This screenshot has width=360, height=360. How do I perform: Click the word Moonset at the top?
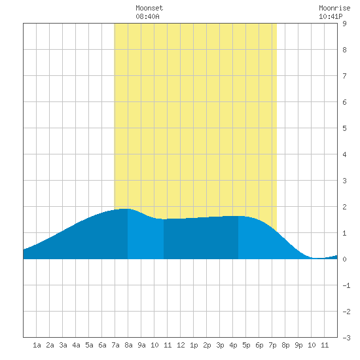pyautogui.click(x=149, y=8)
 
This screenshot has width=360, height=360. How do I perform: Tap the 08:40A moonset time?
pyautogui.click(x=147, y=16)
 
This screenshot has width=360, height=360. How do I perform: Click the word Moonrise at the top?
pyautogui.click(x=334, y=8)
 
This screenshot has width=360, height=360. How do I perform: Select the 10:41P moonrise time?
pyautogui.click(x=331, y=16)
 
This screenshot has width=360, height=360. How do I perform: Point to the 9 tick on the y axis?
pyautogui.click(x=344, y=24)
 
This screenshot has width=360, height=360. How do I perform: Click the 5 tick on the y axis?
pyautogui.click(x=344, y=128)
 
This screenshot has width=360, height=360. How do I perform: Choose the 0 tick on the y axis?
pyautogui.click(x=344, y=259)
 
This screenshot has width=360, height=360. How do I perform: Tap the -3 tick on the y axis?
pyautogui.click(x=346, y=338)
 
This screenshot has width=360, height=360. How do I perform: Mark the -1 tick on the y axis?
pyautogui.click(x=346, y=285)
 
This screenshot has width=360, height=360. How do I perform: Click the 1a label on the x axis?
pyautogui.click(x=37, y=345)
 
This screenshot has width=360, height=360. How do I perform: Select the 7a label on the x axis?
pyautogui.click(x=115, y=345)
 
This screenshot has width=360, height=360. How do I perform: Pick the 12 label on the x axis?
pyautogui.click(x=181, y=345)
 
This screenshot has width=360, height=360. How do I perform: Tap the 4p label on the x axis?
pyautogui.click(x=233, y=345)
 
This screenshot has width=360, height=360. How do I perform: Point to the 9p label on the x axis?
pyautogui.click(x=298, y=345)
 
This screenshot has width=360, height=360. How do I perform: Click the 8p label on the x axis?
pyautogui.click(x=285, y=345)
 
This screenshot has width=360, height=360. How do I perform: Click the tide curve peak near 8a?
pyautogui.click(x=125, y=209)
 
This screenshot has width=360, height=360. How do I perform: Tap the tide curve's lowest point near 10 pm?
pyautogui.click(x=318, y=259)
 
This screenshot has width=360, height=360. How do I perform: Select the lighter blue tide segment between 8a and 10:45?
pyautogui.click(x=145, y=236)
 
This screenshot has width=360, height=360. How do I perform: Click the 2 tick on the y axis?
pyautogui.click(x=344, y=207)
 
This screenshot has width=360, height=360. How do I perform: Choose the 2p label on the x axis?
pyautogui.click(x=207, y=345)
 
